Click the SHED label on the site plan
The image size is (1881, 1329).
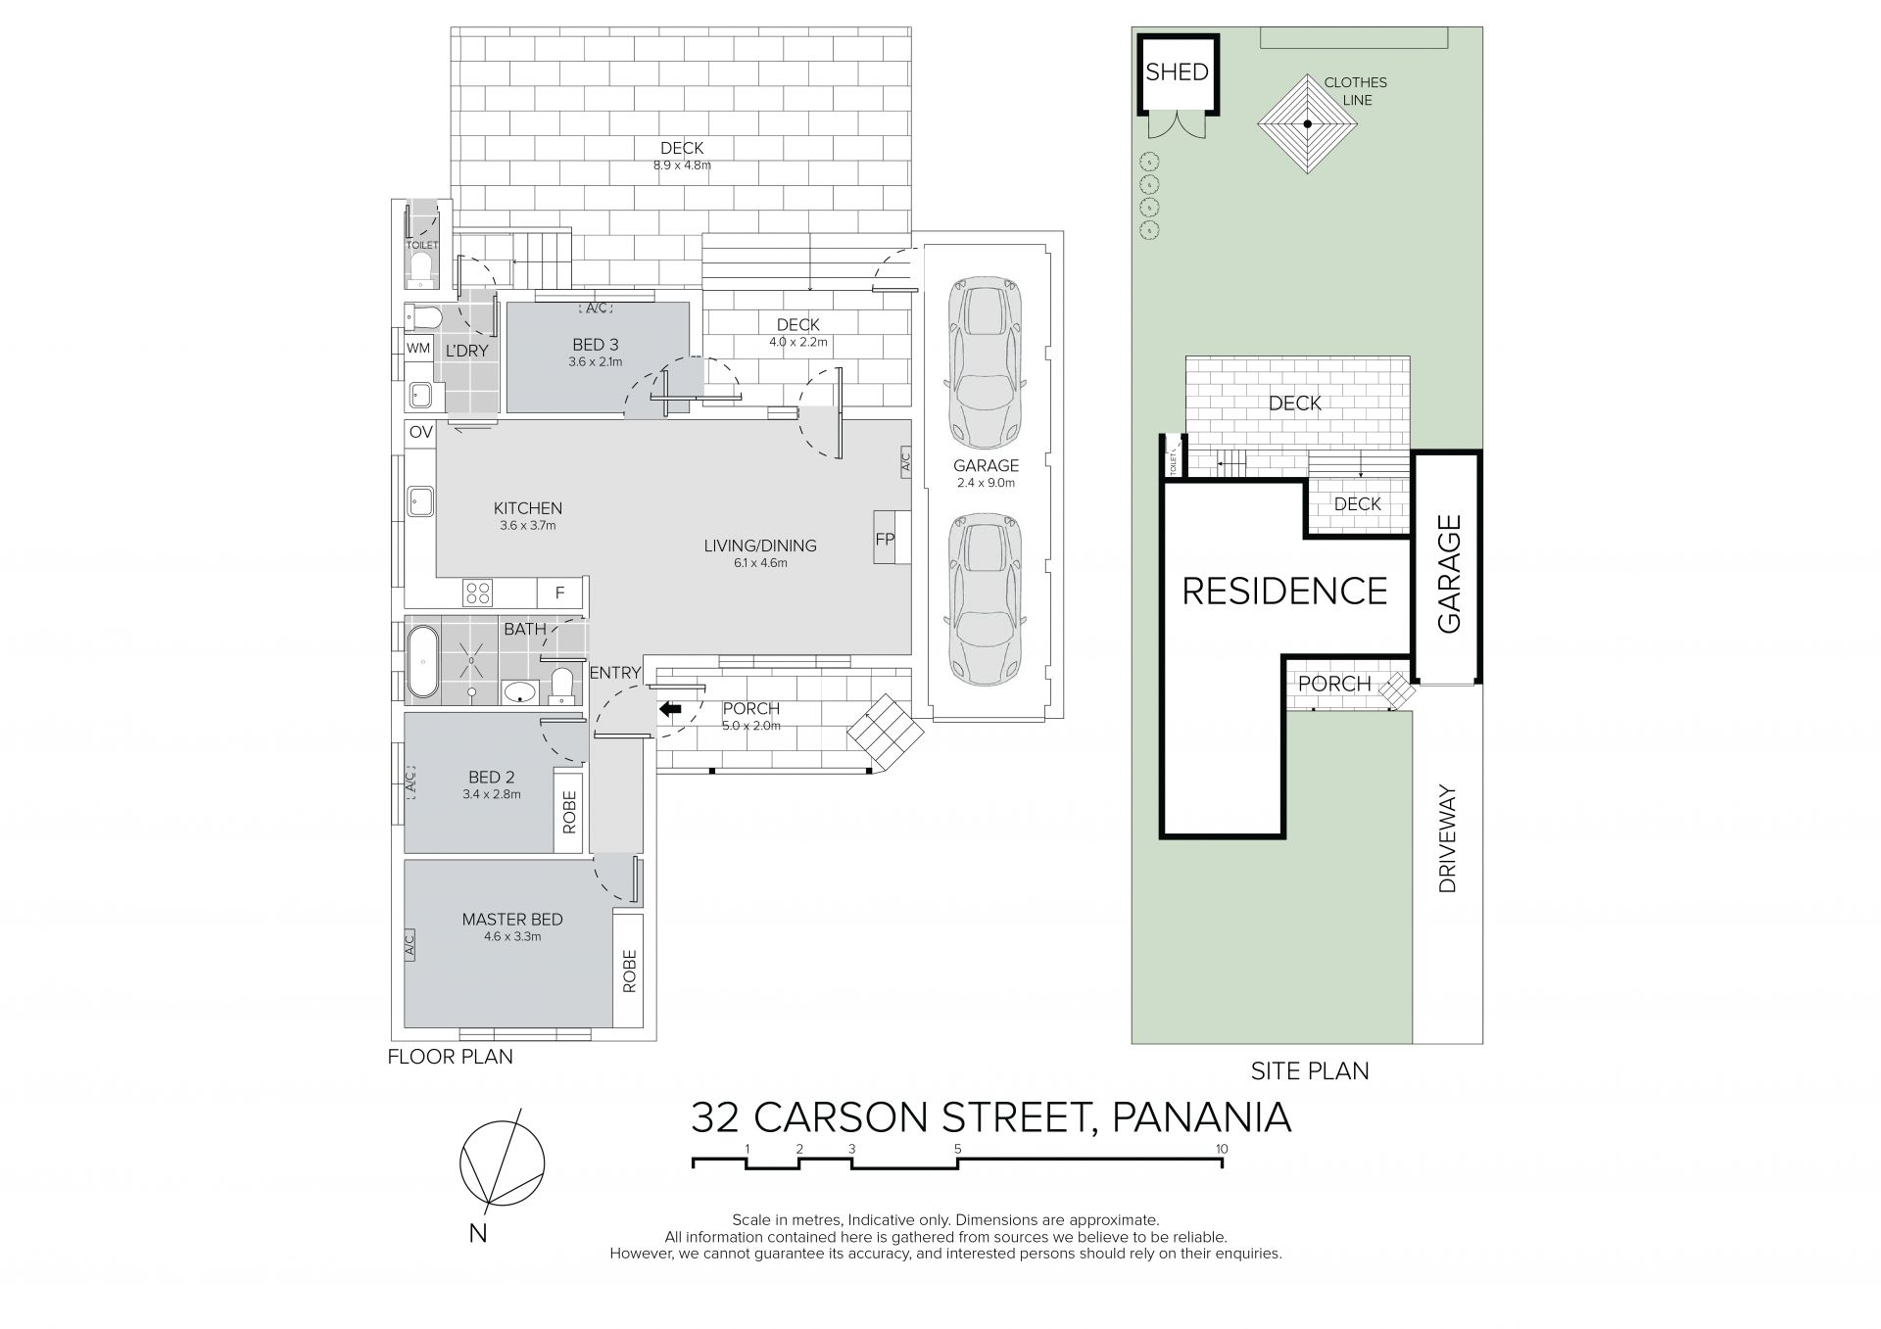tap(1177, 72)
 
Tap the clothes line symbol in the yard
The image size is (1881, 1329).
tap(1307, 124)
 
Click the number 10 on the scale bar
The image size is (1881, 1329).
tap(1221, 1149)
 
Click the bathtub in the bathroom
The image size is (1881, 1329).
tap(422, 662)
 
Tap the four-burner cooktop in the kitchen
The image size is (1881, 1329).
tap(478, 593)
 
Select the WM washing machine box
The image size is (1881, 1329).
tap(418, 348)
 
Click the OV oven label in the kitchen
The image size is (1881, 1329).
tap(420, 432)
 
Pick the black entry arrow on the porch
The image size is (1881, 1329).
tap(671, 709)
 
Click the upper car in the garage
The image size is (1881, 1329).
tap(987, 360)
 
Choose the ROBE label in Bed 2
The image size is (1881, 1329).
tap(569, 811)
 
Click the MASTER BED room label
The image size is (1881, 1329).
tap(512, 920)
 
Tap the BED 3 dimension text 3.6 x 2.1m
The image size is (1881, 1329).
tap(596, 361)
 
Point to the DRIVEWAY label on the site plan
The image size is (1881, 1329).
tap(1449, 838)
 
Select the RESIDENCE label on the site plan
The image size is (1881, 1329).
tap(1284, 592)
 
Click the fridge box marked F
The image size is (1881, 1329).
tap(560, 593)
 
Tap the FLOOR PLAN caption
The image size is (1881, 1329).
tap(450, 1057)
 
